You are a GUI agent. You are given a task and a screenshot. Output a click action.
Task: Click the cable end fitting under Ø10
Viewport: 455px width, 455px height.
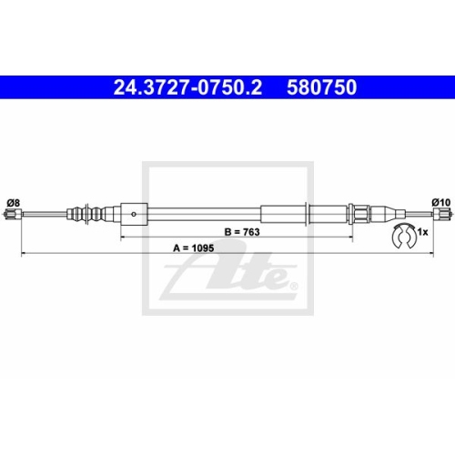point(443,214)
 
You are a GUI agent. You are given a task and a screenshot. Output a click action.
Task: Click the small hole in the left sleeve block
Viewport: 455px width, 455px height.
point(134,215)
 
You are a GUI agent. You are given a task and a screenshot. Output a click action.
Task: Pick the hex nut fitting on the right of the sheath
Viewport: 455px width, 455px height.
point(360,214)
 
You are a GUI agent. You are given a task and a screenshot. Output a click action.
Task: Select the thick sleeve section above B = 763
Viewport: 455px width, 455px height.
point(284,214)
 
